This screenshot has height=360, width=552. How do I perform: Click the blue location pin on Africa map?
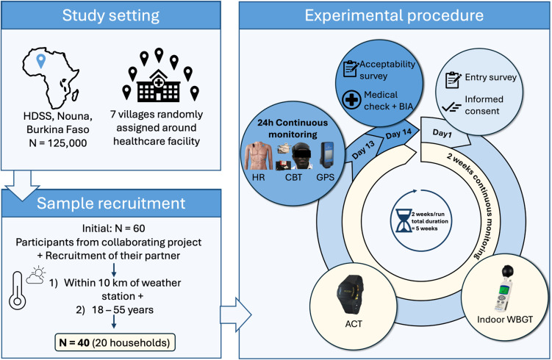click(x=41, y=61)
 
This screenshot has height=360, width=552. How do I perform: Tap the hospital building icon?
click(x=159, y=85)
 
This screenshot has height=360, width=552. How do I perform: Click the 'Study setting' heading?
click(x=111, y=15)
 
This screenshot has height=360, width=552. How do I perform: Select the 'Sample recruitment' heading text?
click(x=111, y=204)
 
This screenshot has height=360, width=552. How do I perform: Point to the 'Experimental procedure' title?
click(x=394, y=15)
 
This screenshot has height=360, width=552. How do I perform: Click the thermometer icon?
click(x=17, y=290)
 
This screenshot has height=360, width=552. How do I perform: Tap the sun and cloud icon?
click(x=36, y=275)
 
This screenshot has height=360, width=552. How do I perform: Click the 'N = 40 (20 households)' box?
click(x=115, y=342)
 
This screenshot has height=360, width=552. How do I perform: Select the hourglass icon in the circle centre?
click(x=403, y=220)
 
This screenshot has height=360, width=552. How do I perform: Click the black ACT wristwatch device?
click(x=351, y=294)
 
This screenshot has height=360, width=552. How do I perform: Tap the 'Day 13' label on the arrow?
click(x=363, y=150)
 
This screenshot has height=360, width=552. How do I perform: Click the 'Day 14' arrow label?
click(x=398, y=134)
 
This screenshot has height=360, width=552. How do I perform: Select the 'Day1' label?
click(x=442, y=134)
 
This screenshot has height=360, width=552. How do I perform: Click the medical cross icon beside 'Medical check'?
click(x=351, y=100)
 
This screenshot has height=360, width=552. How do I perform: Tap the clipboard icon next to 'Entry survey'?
click(x=453, y=80)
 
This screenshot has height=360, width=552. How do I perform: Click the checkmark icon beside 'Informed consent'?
click(x=451, y=107)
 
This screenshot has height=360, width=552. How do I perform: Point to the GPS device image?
click(x=326, y=154)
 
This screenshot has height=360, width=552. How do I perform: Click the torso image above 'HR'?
click(x=259, y=156)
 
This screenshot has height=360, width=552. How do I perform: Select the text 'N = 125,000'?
click(x=58, y=143)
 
